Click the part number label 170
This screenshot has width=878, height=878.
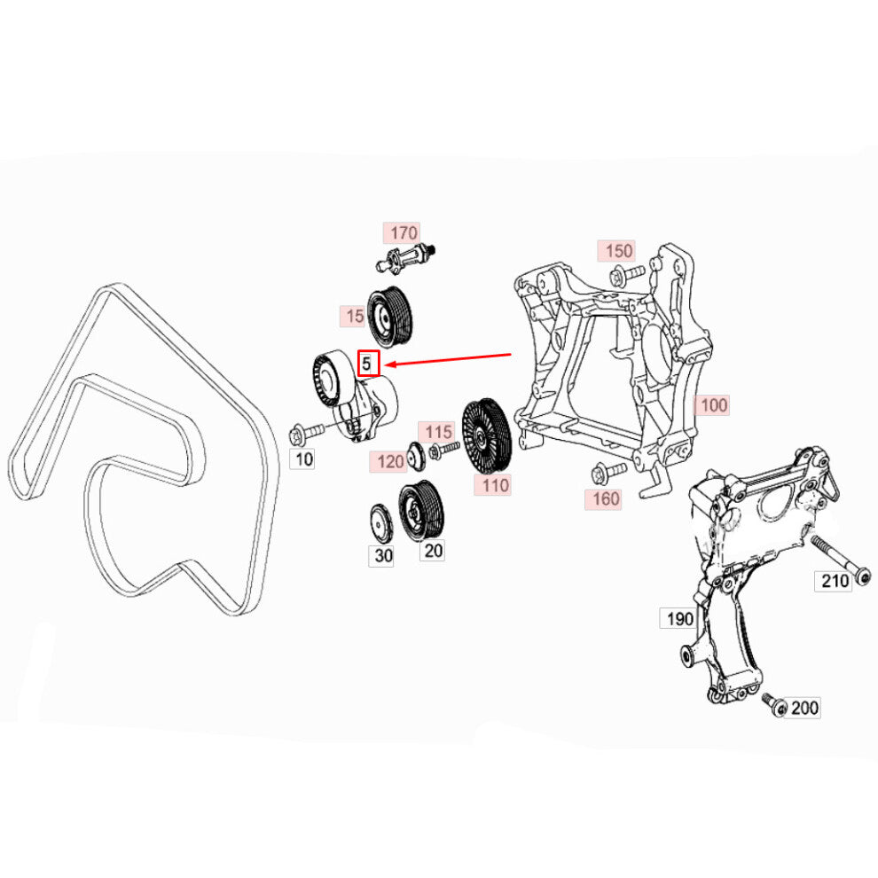[402, 233]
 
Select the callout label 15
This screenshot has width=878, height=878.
[353, 317]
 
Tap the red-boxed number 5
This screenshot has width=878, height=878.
[368, 363]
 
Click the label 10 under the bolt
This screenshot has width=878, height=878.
[303, 459]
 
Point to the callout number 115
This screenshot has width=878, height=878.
[436, 432]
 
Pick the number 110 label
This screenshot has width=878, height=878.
[493, 485]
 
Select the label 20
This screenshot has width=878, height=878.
[433, 551]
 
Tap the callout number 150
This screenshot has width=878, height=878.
[616, 251]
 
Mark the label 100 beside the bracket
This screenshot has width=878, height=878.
[711, 404]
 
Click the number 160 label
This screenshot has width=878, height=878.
[604, 499]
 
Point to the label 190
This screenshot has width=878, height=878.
[678, 618]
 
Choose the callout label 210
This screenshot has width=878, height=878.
[833, 581]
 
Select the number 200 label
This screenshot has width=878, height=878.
[803, 708]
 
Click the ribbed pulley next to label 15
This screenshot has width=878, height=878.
[389, 317]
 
